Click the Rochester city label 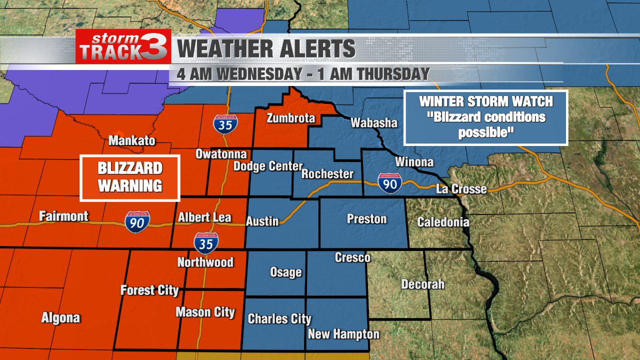(x=327, y=174)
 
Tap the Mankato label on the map (x=132, y=140)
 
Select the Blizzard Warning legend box (x=130, y=177)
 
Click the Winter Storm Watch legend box (x=485, y=117)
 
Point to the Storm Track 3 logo (x=123, y=46)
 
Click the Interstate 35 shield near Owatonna (x=225, y=123)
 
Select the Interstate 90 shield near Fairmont (x=137, y=221)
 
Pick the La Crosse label (x=461, y=189)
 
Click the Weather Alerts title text (x=266, y=49)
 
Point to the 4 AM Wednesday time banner (x=303, y=74)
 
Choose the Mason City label (x=205, y=312)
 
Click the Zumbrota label (x=291, y=118)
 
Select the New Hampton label (x=343, y=334)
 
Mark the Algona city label (x=60, y=318)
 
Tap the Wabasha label (x=373, y=122)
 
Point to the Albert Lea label (x=204, y=217)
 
